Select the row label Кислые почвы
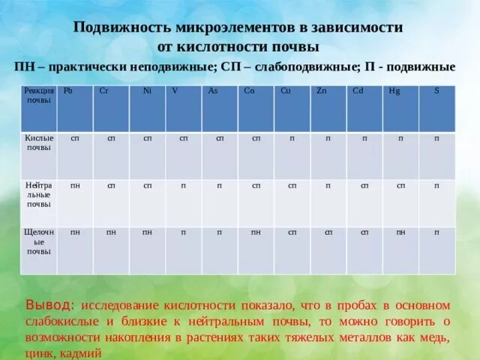(37, 143)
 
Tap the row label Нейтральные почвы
(37, 193)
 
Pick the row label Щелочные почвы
(37, 241)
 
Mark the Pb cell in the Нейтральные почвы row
(75, 185)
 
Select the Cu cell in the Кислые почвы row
(292, 139)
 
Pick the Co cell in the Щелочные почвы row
(256, 232)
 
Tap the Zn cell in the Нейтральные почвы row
(328, 185)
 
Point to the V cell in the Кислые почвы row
(184, 139)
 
